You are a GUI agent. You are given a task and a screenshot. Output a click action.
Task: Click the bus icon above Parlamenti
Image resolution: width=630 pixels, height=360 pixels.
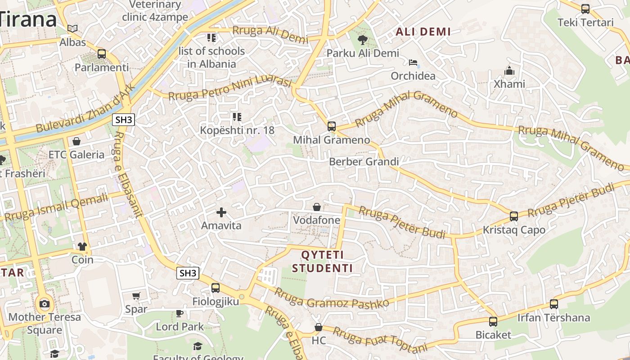point(102,54)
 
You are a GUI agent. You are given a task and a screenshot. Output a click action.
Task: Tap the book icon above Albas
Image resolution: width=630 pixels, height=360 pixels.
point(72,28)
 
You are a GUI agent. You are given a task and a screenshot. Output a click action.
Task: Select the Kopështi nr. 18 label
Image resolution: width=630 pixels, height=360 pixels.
point(237,130)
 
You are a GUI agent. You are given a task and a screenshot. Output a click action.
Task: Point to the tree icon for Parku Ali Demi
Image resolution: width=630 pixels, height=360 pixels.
point(362,40)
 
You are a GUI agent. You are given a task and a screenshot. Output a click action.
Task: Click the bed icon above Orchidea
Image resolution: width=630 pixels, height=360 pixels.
point(413,63)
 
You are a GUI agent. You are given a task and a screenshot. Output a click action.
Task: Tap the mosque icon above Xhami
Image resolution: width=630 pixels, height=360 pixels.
point(509,71)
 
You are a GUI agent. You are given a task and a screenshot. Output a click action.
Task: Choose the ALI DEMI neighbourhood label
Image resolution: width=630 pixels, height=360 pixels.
point(423,32)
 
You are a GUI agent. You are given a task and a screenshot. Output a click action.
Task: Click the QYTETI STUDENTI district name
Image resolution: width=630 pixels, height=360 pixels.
point(322,261)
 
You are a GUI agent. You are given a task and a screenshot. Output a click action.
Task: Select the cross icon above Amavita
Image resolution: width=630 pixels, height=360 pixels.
point(221,212)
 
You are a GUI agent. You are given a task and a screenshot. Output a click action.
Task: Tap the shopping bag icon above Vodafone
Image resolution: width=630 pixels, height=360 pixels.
point(317,207)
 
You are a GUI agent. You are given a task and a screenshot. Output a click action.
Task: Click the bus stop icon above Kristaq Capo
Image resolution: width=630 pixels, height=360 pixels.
point(514,216)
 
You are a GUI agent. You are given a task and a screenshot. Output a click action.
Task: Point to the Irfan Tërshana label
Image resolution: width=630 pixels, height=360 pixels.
point(553,318)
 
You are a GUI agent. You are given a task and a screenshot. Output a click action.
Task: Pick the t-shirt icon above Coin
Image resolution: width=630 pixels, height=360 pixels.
point(82,247)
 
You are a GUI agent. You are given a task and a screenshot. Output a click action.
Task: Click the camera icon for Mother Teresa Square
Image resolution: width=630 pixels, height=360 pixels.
point(44,304)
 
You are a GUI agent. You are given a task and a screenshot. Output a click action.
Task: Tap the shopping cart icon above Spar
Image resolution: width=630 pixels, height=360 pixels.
point(136,296)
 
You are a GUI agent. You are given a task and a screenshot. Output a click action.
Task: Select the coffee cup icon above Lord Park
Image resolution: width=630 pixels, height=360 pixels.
point(180,313)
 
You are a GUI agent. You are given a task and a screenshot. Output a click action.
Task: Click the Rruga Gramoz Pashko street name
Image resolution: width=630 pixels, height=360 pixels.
point(332,298)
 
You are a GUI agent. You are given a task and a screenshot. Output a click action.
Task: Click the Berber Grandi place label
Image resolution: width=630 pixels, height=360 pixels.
point(364,162)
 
